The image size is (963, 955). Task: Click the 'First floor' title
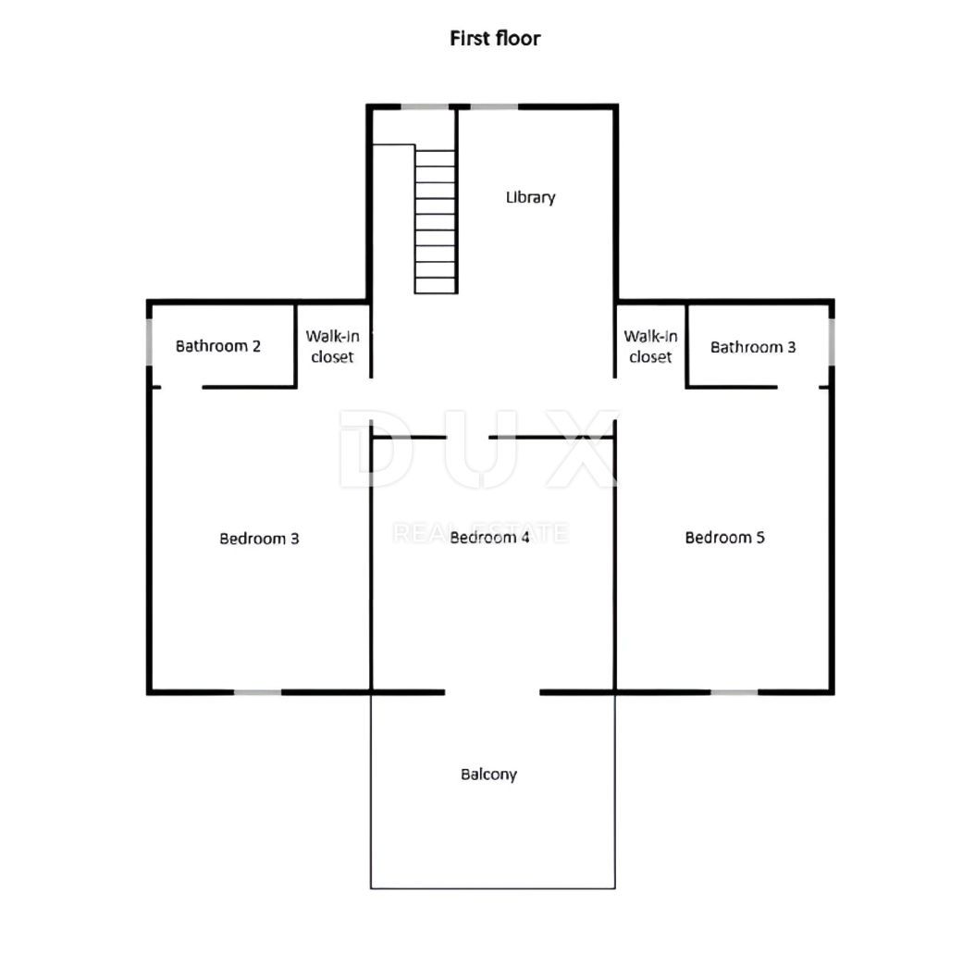pos(495,38)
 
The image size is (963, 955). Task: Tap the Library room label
pos(531,197)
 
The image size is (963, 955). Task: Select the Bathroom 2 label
pos(218,346)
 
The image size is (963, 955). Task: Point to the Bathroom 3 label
pos(753,347)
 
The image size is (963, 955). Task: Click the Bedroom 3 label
pos(259,539)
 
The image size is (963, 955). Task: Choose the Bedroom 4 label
pos(489,538)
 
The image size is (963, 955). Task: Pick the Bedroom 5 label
pos(724,538)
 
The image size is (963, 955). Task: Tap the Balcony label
pos(488,775)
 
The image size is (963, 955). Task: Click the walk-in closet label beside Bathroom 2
pos(332,347)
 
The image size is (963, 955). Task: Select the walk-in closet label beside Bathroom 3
pos(650,347)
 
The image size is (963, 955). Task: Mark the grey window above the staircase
pos(425,107)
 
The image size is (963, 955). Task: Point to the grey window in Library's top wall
pos(494,107)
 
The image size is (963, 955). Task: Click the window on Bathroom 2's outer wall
pos(149,341)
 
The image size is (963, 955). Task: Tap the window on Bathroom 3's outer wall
pos(832,341)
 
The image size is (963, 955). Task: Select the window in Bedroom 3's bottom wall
pos(258,692)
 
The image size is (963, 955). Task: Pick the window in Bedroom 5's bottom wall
pos(735,692)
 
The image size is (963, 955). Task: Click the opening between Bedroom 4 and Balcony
pos(492,692)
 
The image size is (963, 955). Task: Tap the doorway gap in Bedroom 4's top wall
pos(467,438)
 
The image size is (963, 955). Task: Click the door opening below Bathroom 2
pos(182,387)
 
